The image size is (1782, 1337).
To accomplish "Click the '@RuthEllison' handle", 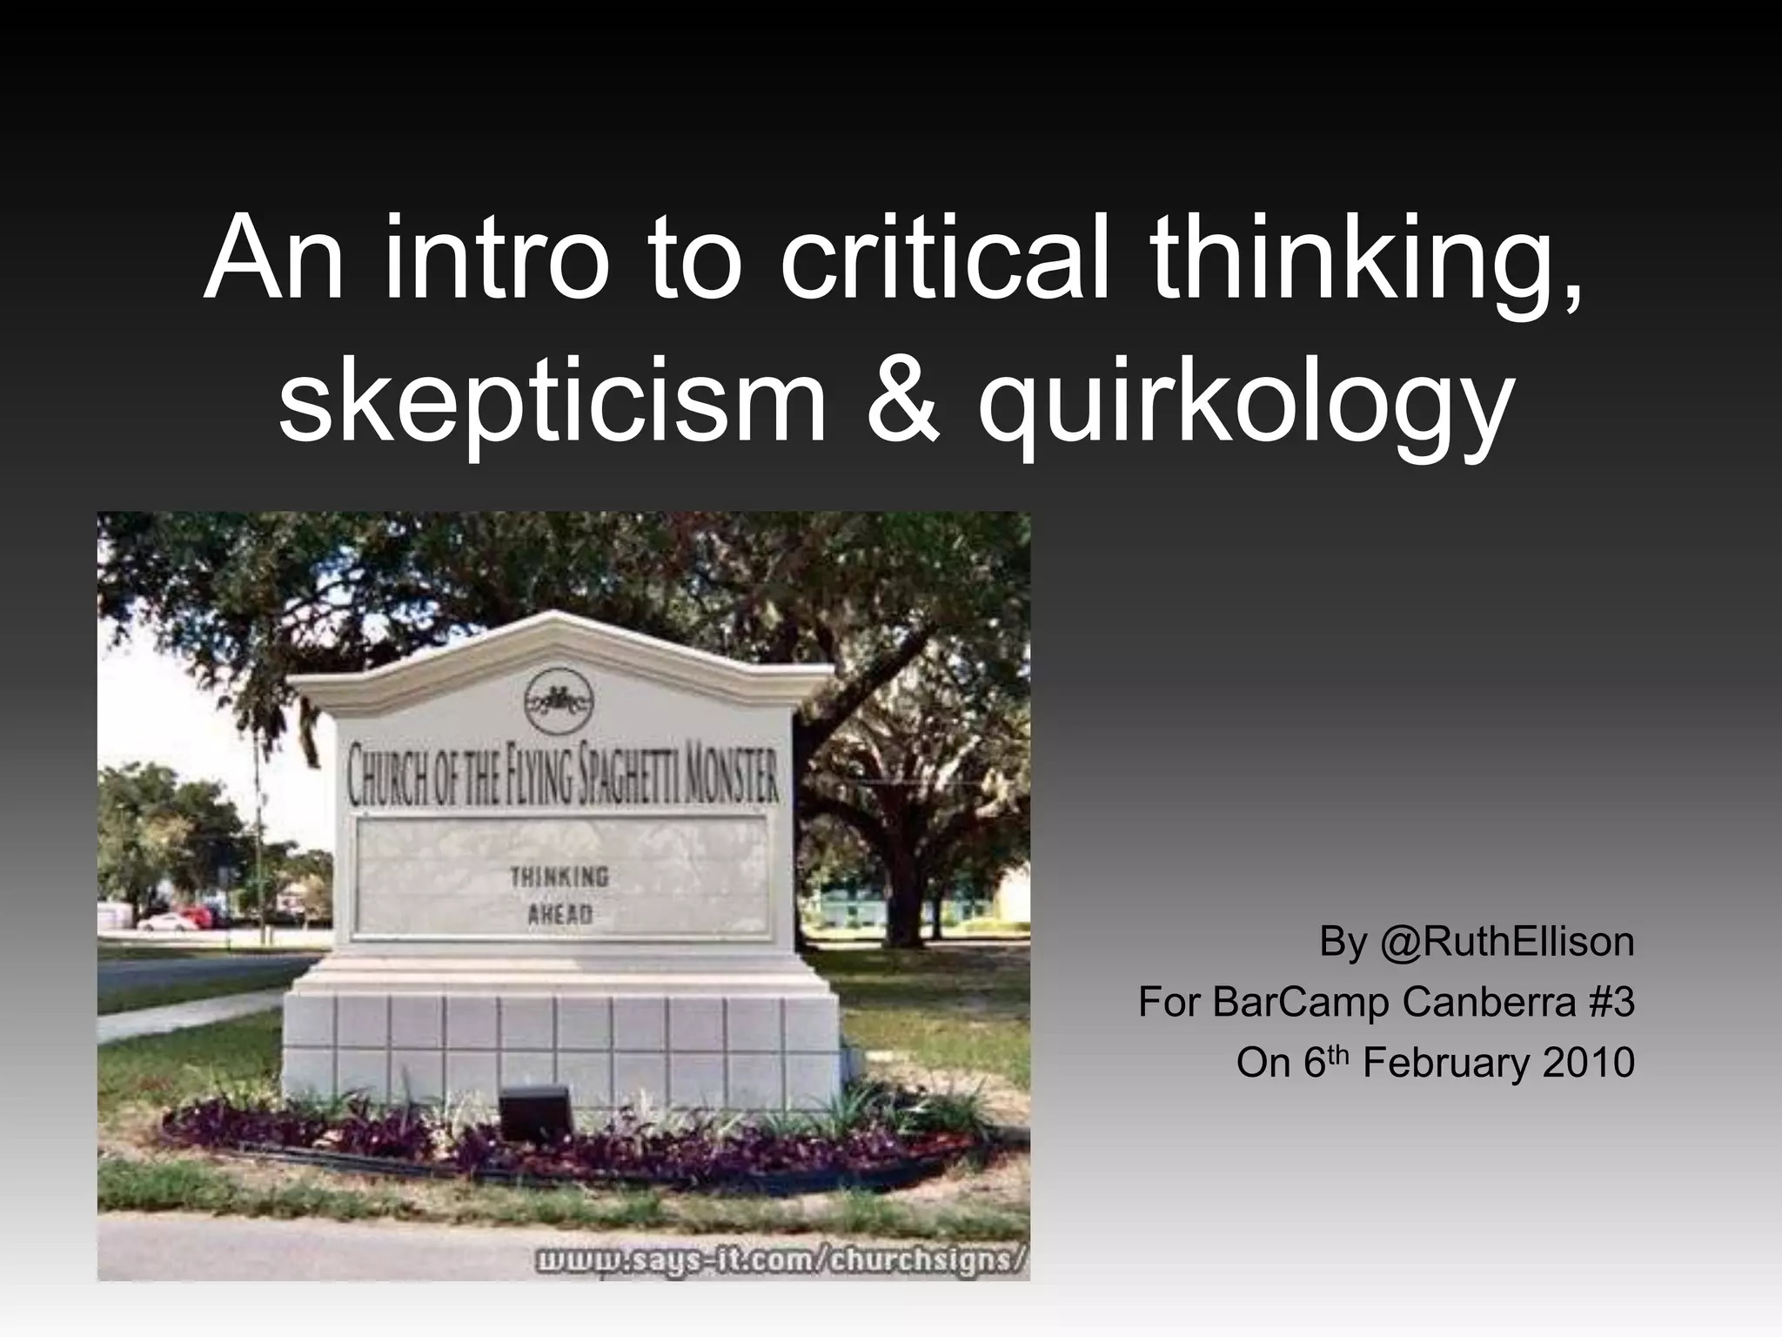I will pyautogui.click(x=1506, y=942).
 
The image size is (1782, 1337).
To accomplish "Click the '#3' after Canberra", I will pyautogui.click(x=1611, y=1002).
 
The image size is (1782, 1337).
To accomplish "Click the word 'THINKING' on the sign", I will pyautogui.click(x=559, y=877).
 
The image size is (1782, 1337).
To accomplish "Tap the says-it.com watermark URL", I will pyautogui.click(x=780, y=1261).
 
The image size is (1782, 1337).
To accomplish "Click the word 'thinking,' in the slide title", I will pyautogui.click(x=1363, y=259).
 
